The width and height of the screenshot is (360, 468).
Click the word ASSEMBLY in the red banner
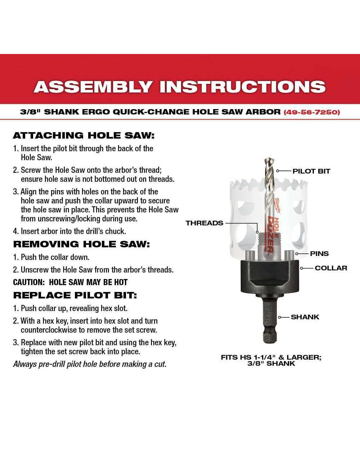coord(92,86)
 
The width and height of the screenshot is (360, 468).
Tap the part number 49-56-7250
coord(312,112)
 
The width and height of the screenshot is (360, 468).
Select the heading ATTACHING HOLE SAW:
coord(84,135)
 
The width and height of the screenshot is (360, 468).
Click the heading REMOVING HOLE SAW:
coord(81,244)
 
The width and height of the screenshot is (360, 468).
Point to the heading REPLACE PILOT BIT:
coord(75,295)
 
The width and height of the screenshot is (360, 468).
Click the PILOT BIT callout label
coord(311,171)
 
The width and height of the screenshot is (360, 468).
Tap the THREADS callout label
coord(204,223)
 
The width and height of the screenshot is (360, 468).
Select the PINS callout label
coord(319,253)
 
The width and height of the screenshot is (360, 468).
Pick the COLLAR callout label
coord(331,268)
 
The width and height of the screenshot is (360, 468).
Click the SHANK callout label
coord(305,317)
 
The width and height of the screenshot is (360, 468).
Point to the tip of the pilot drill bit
coord(269,158)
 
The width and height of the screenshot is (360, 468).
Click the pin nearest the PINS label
coord(289,256)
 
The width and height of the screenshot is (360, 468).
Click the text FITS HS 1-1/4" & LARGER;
coord(271,357)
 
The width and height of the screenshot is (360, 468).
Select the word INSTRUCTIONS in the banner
coord(243,86)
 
